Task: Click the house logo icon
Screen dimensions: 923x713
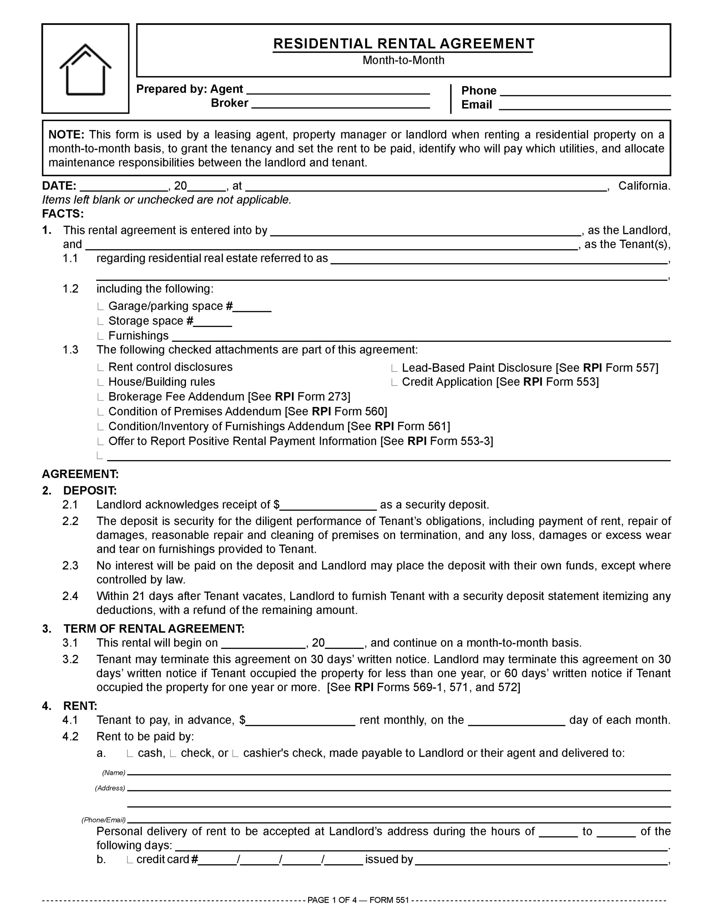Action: [85, 69]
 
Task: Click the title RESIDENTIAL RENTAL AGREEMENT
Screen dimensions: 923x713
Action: [403, 44]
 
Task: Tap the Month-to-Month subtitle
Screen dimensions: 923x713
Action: [403, 60]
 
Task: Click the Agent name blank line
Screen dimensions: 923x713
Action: [338, 90]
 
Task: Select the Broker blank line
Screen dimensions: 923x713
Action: [340, 104]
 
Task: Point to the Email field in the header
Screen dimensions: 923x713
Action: [585, 106]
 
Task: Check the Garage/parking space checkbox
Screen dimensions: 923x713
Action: [100, 306]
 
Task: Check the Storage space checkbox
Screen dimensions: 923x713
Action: [100, 321]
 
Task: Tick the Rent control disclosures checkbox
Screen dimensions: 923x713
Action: [100, 367]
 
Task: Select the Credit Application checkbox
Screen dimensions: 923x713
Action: [394, 383]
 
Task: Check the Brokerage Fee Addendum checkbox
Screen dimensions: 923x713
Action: [100, 397]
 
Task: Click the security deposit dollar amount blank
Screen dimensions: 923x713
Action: [328, 505]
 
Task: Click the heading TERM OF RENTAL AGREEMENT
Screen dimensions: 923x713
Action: [154, 629]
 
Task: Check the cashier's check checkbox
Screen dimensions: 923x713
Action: [235, 754]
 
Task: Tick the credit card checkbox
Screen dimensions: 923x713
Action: [130, 860]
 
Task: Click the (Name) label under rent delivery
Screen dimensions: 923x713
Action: [114, 773]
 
